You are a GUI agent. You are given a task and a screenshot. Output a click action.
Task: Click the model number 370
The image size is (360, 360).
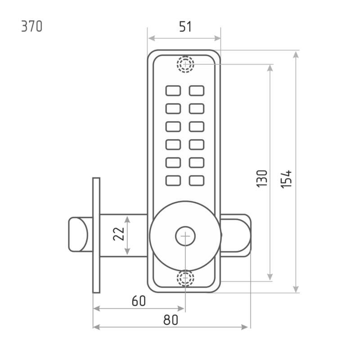[32, 27]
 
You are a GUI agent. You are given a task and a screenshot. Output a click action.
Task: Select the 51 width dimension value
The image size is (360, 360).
[185, 27]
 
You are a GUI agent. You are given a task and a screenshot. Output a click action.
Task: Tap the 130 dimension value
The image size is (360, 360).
[262, 179]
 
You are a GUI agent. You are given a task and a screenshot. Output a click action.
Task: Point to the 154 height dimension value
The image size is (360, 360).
[286, 179]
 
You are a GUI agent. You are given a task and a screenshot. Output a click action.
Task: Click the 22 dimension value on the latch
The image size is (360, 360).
[118, 234]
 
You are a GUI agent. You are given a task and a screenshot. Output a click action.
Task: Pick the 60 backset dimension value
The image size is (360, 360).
[139, 301]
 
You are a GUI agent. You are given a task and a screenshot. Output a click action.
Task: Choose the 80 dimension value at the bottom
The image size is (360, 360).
[171, 320]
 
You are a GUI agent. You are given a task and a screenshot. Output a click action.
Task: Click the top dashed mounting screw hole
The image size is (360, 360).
[185, 64]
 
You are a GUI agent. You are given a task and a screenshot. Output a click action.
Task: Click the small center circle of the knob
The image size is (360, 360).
[185, 236]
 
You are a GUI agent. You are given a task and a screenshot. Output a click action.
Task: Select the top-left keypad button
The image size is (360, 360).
[173, 91]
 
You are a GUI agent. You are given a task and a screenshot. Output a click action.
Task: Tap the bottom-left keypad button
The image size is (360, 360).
[173, 180]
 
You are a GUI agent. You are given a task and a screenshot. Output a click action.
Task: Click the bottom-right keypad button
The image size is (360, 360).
[197, 180]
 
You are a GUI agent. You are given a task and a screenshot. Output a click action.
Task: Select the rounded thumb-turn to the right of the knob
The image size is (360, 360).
[236, 235]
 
